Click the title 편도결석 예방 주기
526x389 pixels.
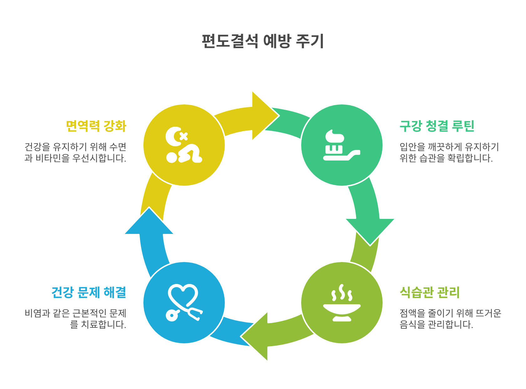coord(263,41)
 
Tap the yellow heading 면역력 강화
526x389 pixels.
coord(96,126)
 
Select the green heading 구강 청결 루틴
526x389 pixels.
coord(437,126)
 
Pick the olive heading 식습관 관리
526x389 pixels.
coord(430,292)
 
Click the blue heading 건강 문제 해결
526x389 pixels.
coord(89,292)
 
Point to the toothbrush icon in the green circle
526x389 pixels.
coord(341,145)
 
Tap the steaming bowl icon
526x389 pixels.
coord(342,303)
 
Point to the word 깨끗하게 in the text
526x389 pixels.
coord(445,147)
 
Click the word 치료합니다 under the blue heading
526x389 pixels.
coord(104,325)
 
